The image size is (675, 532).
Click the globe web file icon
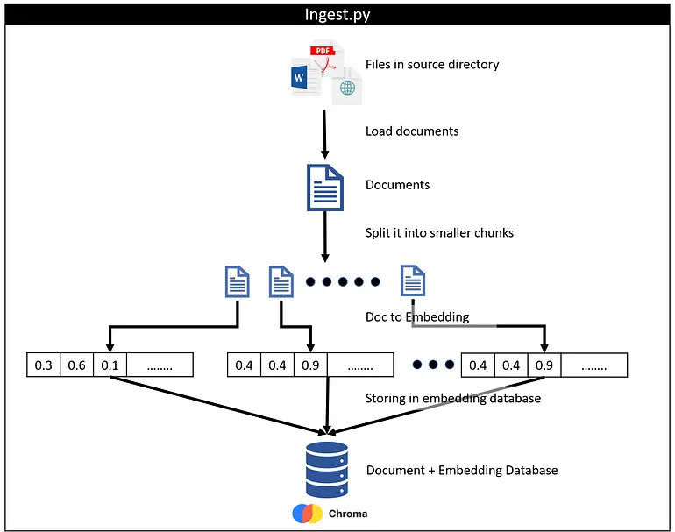click(x=348, y=86)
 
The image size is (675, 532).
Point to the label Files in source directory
click(x=432, y=64)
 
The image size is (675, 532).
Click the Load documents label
click(x=412, y=131)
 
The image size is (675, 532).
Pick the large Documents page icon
click(x=325, y=187)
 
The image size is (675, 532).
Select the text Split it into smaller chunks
click(x=439, y=233)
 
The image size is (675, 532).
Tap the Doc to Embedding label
click(x=417, y=316)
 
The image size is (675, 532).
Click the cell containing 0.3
click(x=43, y=365)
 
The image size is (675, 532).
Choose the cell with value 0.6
click(x=76, y=365)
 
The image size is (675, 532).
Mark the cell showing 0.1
click(x=110, y=365)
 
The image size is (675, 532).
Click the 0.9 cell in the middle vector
click(x=309, y=365)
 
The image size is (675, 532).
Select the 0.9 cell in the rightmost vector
click(x=544, y=365)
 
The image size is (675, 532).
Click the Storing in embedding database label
click(x=453, y=399)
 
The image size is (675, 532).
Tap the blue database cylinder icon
click(x=327, y=470)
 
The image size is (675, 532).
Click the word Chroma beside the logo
click(x=348, y=514)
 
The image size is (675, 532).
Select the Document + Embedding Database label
click(x=461, y=471)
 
